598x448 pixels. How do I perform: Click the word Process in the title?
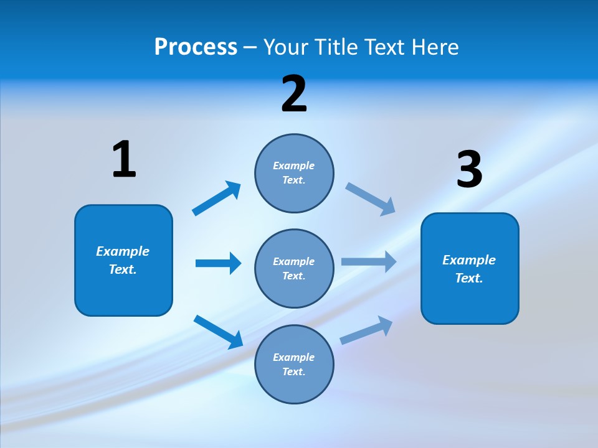pos(196,47)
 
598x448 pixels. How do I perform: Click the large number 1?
pos(124,160)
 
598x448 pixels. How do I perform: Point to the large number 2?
pos(294,94)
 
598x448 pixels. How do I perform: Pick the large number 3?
pos(470,169)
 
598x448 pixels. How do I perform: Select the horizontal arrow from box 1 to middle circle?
pos(218,263)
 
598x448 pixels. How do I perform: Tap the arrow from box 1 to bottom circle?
pos(219,332)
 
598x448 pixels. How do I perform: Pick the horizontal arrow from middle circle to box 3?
pos(369,261)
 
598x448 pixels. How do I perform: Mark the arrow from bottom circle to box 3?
pos(367,330)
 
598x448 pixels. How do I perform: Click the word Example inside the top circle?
pos(294,166)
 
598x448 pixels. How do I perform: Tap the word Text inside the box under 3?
pos(468,278)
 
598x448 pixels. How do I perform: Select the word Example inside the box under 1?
pos(123,251)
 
